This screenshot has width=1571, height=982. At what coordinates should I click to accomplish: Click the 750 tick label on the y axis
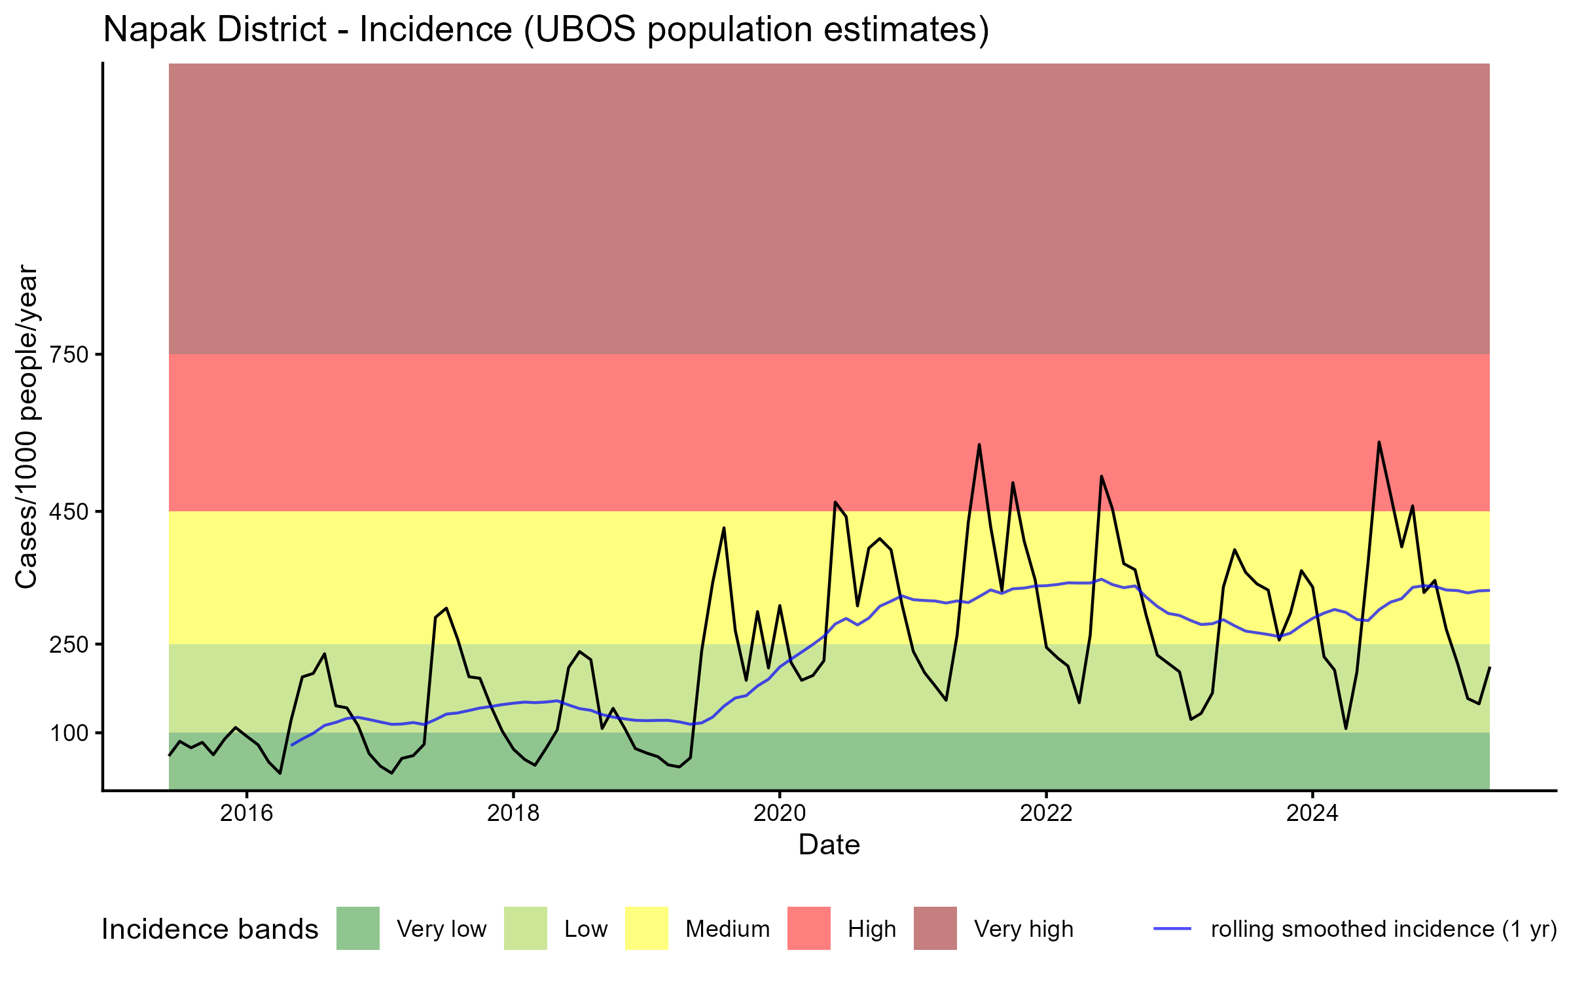pos(69,355)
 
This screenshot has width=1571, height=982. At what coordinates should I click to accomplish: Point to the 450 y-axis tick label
pos(69,511)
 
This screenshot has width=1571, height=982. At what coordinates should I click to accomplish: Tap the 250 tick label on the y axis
pos(69,644)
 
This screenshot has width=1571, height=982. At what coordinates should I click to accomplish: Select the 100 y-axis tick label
pos(69,733)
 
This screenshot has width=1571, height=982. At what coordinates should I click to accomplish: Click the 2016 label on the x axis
pos(246,813)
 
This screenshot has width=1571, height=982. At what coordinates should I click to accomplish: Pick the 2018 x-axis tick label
pos(513,813)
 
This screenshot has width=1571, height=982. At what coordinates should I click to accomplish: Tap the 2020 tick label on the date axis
pos(780,813)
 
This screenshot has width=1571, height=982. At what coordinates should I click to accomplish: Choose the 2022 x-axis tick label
pos(1046,813)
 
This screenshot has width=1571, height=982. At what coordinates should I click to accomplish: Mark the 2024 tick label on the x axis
pos(1312,813)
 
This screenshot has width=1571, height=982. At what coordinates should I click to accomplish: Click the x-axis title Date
pos(829,845)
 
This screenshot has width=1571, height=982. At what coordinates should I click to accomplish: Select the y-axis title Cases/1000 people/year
pos(26,426)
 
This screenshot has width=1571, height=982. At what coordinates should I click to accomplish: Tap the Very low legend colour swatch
pos(358,928)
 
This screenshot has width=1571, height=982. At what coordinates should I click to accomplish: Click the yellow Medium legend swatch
pos(647,928)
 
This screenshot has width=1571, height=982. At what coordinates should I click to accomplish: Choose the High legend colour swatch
pos(809,928)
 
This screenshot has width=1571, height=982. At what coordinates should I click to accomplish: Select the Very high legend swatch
pos(935,928)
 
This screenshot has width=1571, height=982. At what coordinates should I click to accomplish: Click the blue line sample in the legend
pos(1172,928)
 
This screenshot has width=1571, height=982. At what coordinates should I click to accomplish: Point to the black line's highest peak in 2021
pos(979,445)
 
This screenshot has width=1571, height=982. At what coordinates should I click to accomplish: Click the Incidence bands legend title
pos(210,930)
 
